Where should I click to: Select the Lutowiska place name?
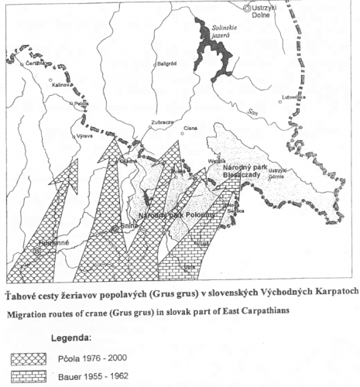click(300, 98)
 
